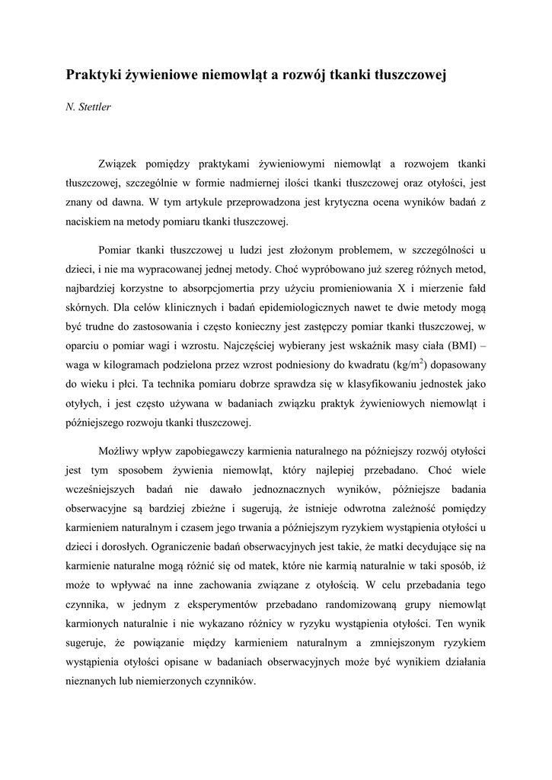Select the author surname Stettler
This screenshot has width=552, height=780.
(x=94, y=108)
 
